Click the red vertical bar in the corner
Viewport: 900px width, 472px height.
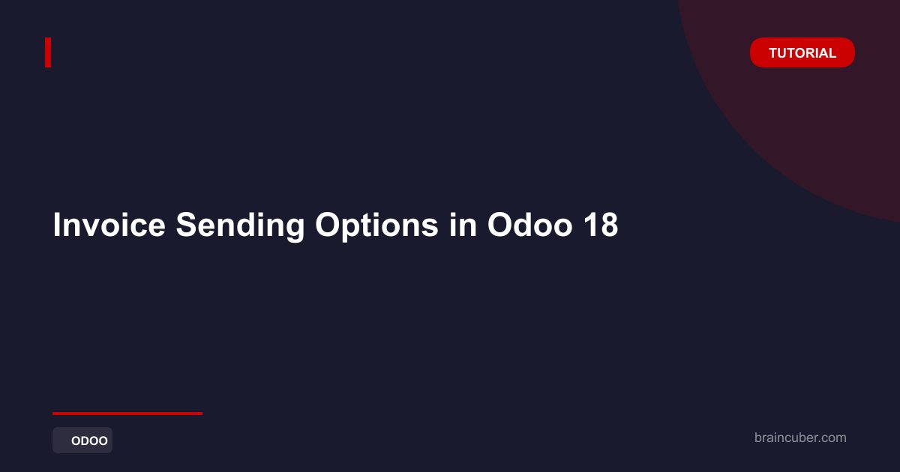[x=48, y=52]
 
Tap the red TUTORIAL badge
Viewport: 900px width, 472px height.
[x=802, y=52]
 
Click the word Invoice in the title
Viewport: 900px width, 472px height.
[x=109, y=225]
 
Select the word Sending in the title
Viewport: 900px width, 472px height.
[x=240, y=227]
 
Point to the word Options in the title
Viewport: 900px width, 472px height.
[x=376, y=227]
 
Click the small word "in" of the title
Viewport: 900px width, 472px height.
[x=463, y=225]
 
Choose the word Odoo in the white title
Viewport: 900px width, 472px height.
[x=530, y=225]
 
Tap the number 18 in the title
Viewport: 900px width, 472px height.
[x=601, y=225]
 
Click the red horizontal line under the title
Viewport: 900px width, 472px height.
[x=127, y=414]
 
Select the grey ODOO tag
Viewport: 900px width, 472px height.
[x=82, y=441]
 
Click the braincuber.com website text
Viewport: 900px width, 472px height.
[x=800, y=438]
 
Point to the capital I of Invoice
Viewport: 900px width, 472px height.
[x=57, y=225]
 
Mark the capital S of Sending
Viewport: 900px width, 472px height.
[x=188, y=225]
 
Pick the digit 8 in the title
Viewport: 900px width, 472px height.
[x=609, y=225]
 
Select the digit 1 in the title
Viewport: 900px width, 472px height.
[x=590, y=225]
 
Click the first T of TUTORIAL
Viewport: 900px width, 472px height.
[x=774, y=53]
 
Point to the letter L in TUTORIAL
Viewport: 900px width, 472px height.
[x=832, y=53]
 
